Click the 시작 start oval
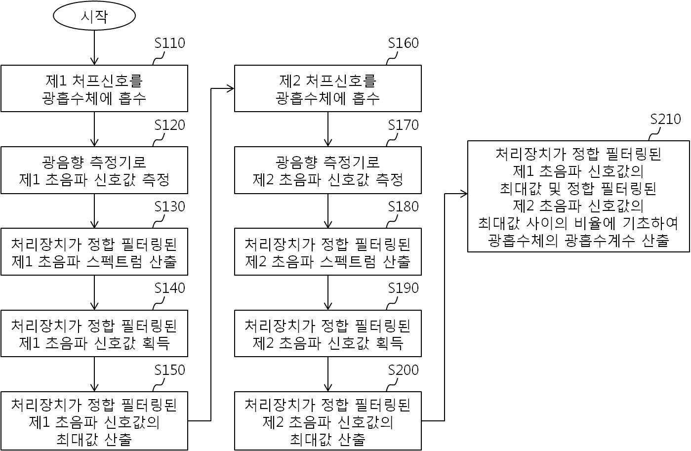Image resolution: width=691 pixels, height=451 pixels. pyautogui.click(x=94, y=16)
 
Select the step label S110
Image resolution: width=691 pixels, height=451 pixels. pyautogui.click(x=169, y=43)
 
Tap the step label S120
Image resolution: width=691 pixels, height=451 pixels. pyautogui.click(x=169, y=125)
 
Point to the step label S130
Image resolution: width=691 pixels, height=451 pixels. pyautogui.click(x=169, y=206)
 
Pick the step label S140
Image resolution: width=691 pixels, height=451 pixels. pyautogui.click(x=169, y=288)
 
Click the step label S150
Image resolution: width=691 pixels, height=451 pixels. pyautogui.click(x=169, y=370)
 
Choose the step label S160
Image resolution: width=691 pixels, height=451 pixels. pyautogui.click(x=403, y=43)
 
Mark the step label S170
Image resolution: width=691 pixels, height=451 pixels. pyautogui.click(x=403, y=125)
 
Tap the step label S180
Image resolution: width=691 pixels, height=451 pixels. pyautogui.click(x=403, y=206)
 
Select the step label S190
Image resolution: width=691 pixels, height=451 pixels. pyautogui.click(x=403, y=288)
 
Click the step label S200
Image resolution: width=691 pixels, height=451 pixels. pyautogui.click(x=403, y=370)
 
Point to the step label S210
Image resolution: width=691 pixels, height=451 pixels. pyautogui.click(x=665, y=120)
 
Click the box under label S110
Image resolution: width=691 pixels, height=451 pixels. pyautogui.click(x=94, y=88)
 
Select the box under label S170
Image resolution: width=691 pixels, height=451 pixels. pyautogui.click(x=328, y=170)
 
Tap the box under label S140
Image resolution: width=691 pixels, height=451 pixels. pyautogui.click(x=94, y=333)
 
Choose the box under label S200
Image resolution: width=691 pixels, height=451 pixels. pyautogui.click(x=328, y=421)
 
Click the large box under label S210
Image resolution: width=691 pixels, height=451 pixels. pyautogui.click(x=578, y=197)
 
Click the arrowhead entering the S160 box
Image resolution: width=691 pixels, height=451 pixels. pyautogui.click(x=230, y=89)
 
